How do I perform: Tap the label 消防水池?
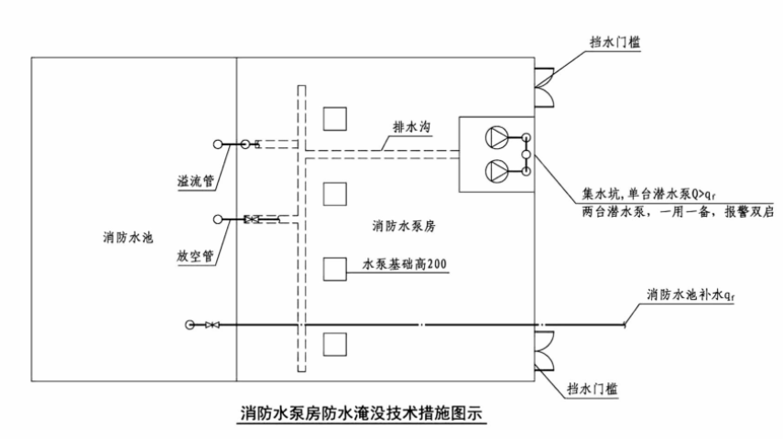[x=127, y=239]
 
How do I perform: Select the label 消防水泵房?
[x=402, y=224]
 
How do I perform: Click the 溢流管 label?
[x=196, y=180]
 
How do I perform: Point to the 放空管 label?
[x=196, y=256]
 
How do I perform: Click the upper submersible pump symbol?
[x=495, y=138]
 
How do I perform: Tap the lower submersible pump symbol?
[x=495, y=169]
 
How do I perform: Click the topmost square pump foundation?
[x=335, y=118]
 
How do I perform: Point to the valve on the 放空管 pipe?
[x=253, y=219]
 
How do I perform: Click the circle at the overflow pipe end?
[x=218, y=144]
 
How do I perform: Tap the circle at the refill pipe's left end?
[x=190, y=325]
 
